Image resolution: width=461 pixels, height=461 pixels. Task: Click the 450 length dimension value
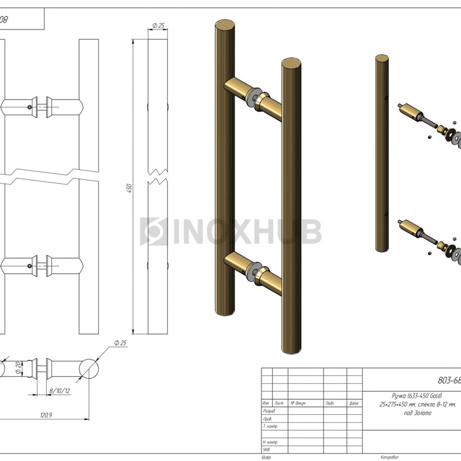[130, 188]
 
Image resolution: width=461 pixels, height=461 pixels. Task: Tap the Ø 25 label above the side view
[158, 26]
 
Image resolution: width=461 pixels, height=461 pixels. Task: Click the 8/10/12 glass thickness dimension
[59, 391]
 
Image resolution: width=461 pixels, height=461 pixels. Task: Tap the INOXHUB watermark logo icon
[154, 231]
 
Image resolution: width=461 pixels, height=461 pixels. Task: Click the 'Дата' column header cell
[354, 403]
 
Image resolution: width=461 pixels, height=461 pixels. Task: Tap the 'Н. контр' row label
[270, 442]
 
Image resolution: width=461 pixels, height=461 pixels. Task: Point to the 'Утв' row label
[267, 449]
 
